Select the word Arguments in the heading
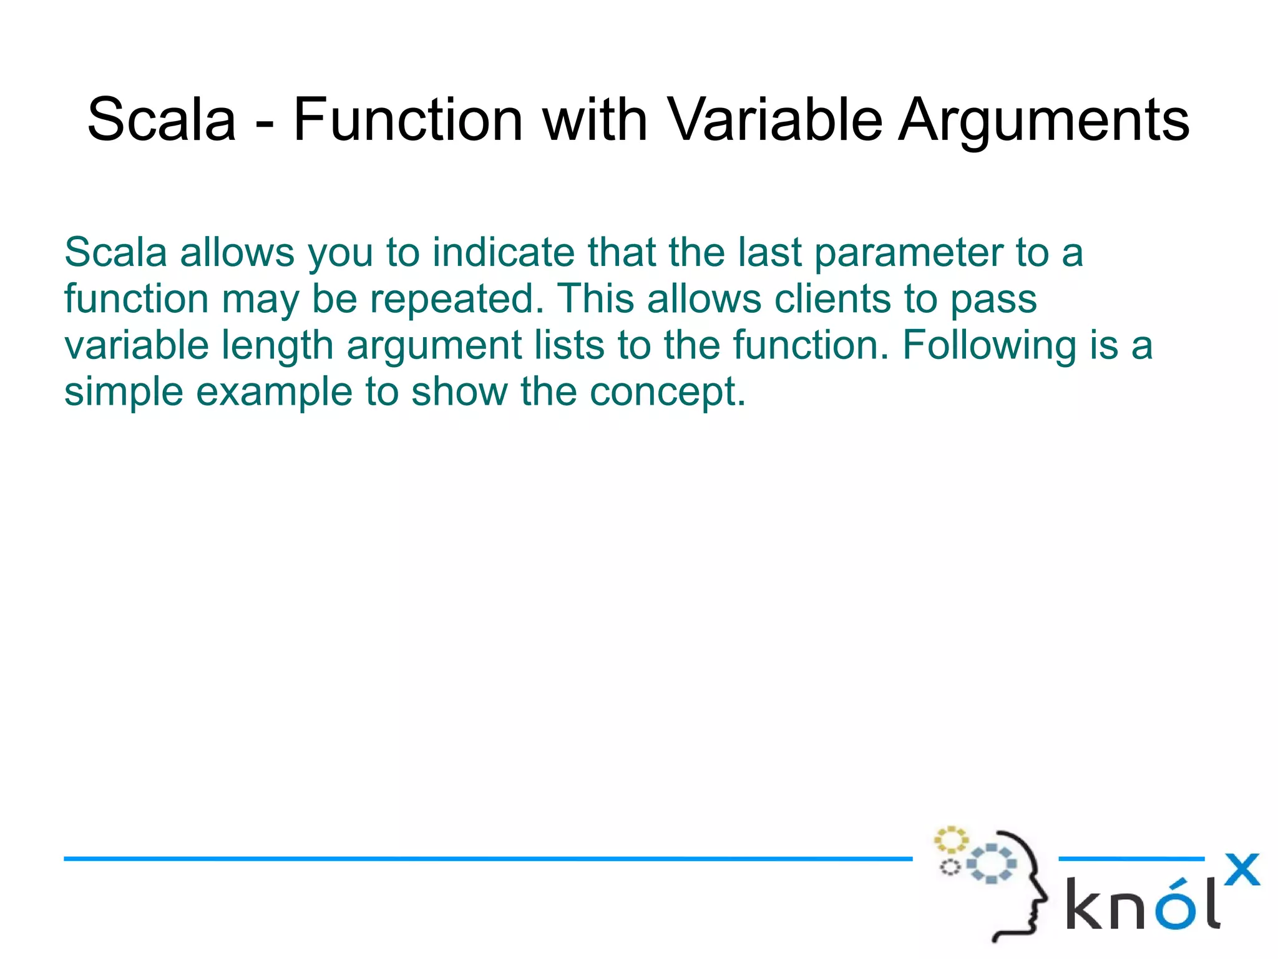(1043, 120)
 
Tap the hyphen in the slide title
(264, 124)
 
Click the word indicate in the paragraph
(504, 252)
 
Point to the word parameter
(908, 253)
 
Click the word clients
(832, 298)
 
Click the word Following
(989, 346)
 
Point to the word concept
(667, 393)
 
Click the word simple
(124, 393)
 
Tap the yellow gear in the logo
(950, 840)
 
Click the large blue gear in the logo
(992, 863)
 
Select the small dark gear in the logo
(950, 867)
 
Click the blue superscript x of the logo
(1241, 870)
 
